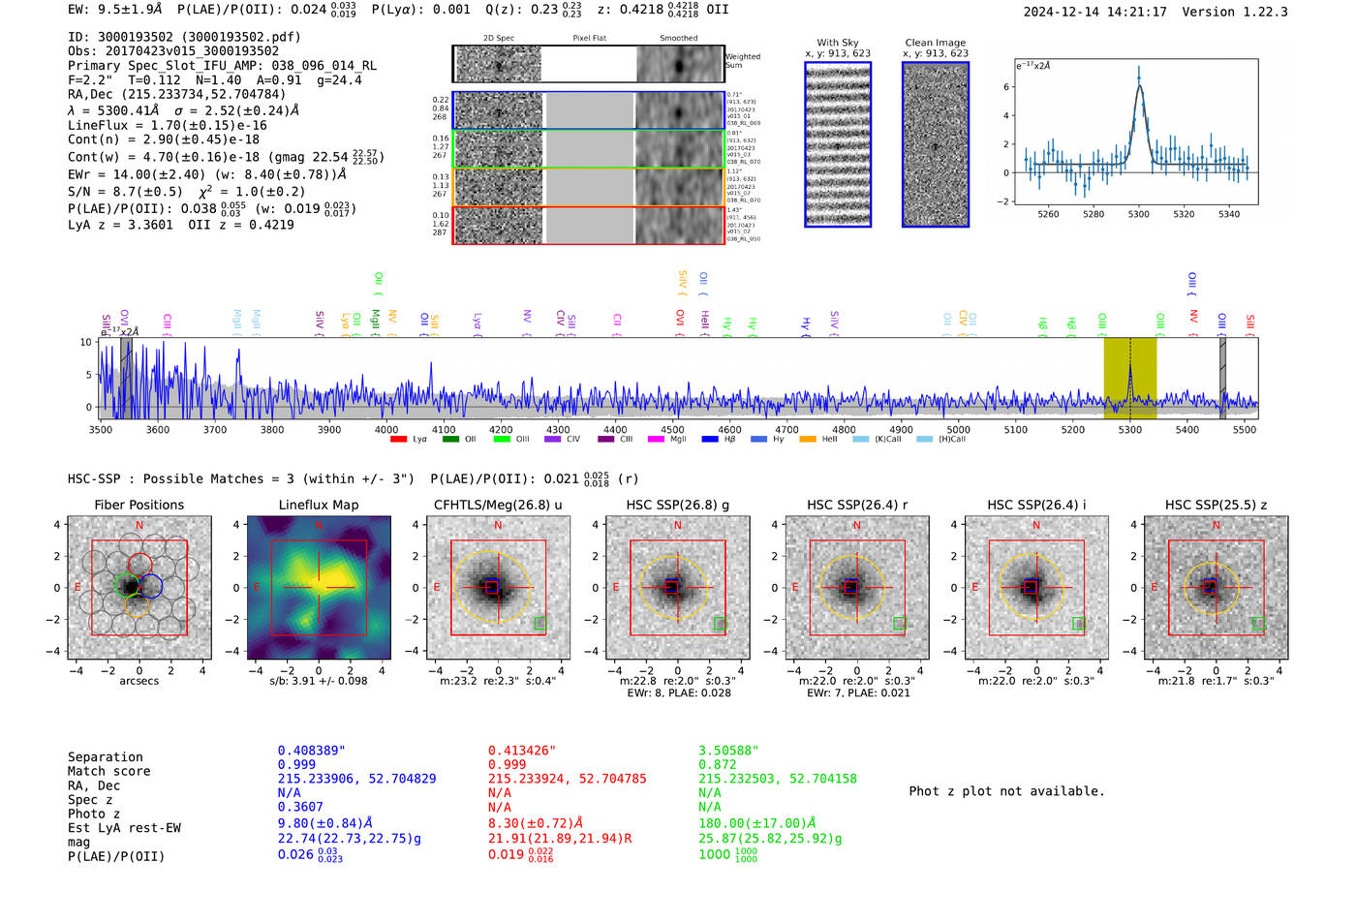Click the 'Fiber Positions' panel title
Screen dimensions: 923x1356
click(139, 505)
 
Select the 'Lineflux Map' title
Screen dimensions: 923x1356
click(319, 505)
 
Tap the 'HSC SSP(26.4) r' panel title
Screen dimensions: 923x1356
click(856, 505)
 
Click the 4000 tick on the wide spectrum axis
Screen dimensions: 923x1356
click(386, 429)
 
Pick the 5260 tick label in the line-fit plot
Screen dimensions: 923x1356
click(1048, 214)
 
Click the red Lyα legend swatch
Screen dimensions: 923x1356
click(398, 440)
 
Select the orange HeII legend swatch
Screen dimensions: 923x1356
click(808, 440)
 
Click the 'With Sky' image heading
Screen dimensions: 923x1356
click(837, 43)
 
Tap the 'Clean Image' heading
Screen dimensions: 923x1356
click(935, 43)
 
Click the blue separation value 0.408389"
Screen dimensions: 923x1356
click(311, 751)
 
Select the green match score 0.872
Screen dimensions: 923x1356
click(718, 765)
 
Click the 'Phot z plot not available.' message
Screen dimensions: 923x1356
click(1006, 791)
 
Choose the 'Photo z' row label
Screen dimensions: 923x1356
click(94, 814)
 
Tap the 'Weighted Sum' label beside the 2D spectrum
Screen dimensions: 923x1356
click(743, 60)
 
